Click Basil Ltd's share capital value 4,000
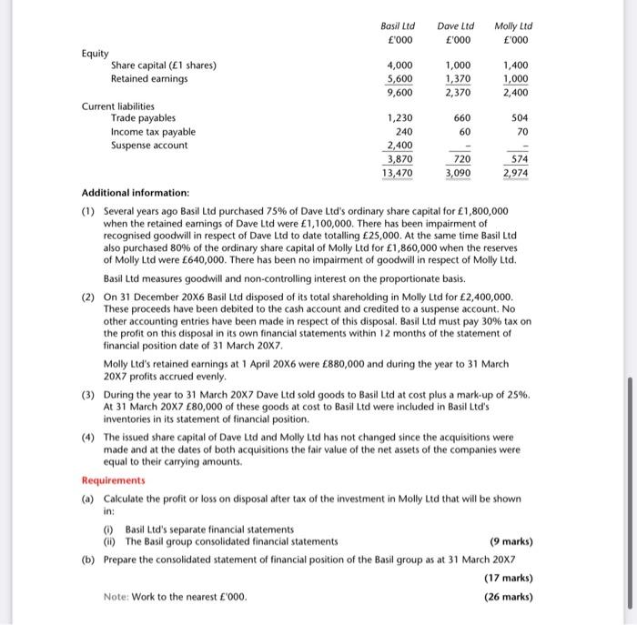point(400,65)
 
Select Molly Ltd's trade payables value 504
point(520,117)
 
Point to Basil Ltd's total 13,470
point(398,172)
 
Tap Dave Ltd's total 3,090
point(458,172)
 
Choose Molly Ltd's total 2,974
point(516,172)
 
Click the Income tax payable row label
point(153,131)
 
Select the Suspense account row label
point(149,145)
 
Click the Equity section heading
point(95,52)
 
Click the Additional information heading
point(136,193)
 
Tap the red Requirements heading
point(114,479)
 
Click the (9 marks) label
point(505,542)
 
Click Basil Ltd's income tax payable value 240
point(404,131)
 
